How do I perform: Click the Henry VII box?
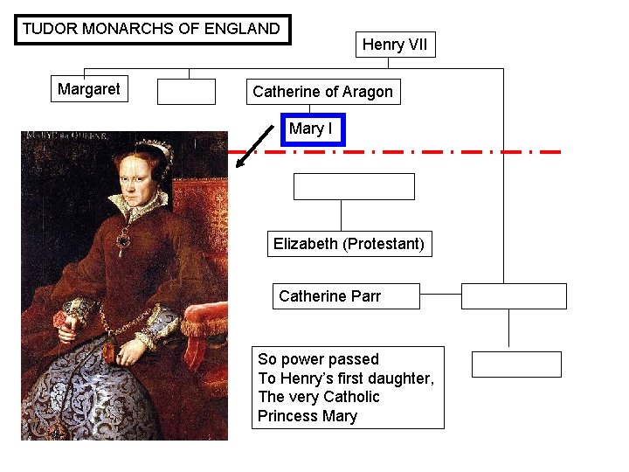[x=395, y=45]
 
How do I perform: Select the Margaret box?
[x=89, y=89]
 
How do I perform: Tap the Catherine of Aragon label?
[x=322, y=92]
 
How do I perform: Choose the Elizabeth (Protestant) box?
[x=349, y=244]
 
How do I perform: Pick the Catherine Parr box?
[x=346, y=296]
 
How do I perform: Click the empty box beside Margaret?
[x=186, y=92]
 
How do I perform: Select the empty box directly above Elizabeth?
[x=353, y=186]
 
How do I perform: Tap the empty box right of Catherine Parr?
[x=514, y=296]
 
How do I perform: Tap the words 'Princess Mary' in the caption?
[x=308, y=416]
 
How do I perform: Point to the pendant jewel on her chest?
[x=125, y=238]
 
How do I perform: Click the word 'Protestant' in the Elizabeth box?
[x=384, y=244]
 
